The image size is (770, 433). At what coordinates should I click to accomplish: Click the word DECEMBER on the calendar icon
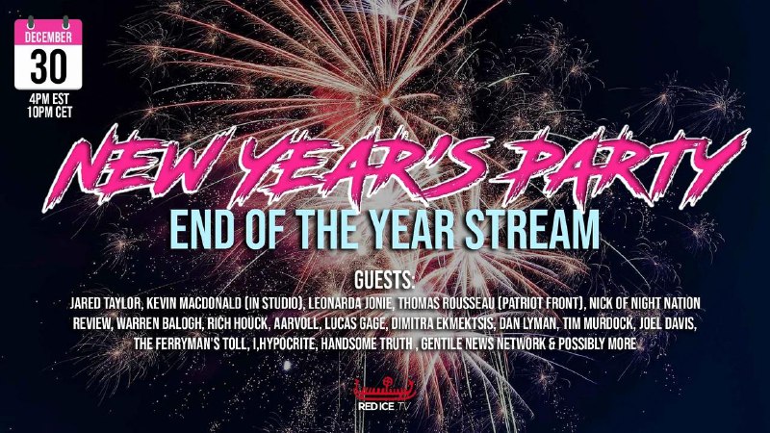pyautogui.click(x=48, y=37)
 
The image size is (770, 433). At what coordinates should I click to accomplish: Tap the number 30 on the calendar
pyautogui.click(x=48, y=66)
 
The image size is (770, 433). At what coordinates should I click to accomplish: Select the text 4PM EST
pyautogui.click(x=49, y=99)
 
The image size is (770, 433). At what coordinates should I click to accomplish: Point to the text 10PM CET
pyautogui.click(x=50, y=113)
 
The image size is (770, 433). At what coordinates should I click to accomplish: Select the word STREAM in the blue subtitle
pyautogui.click(x=532, y=230)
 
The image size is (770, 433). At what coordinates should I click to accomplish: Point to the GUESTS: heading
pyautogui.click(x=384, y=281)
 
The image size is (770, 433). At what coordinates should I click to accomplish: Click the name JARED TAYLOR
pyautogui.click(x=105, y=303)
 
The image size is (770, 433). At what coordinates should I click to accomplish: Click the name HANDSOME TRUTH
pyautogui.click(x=367, y=344)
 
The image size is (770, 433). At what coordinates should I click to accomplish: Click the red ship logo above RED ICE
pyautogui.click(x=385, y=390)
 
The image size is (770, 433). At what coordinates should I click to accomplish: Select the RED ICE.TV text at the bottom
pyautogui.click(x=383, y=406)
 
